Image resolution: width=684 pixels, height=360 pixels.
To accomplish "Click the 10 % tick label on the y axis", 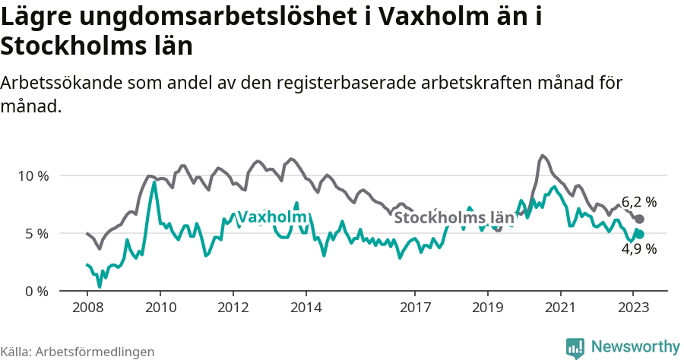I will tap(33, 175).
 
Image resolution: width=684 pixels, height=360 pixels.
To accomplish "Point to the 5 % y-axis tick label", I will tap(36, 233).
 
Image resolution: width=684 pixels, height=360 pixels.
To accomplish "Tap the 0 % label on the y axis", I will tap(36, 291).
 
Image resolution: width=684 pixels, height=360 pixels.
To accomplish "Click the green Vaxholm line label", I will tap(272, 218).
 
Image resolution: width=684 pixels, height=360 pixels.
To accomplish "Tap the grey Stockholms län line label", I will tap(454, 218).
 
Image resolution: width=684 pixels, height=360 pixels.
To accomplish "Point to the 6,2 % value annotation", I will tap(639, 202).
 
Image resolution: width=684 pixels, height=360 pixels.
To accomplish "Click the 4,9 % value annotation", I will tap(639, 248).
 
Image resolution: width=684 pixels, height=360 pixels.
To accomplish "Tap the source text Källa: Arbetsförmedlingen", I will tap(78, 352).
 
